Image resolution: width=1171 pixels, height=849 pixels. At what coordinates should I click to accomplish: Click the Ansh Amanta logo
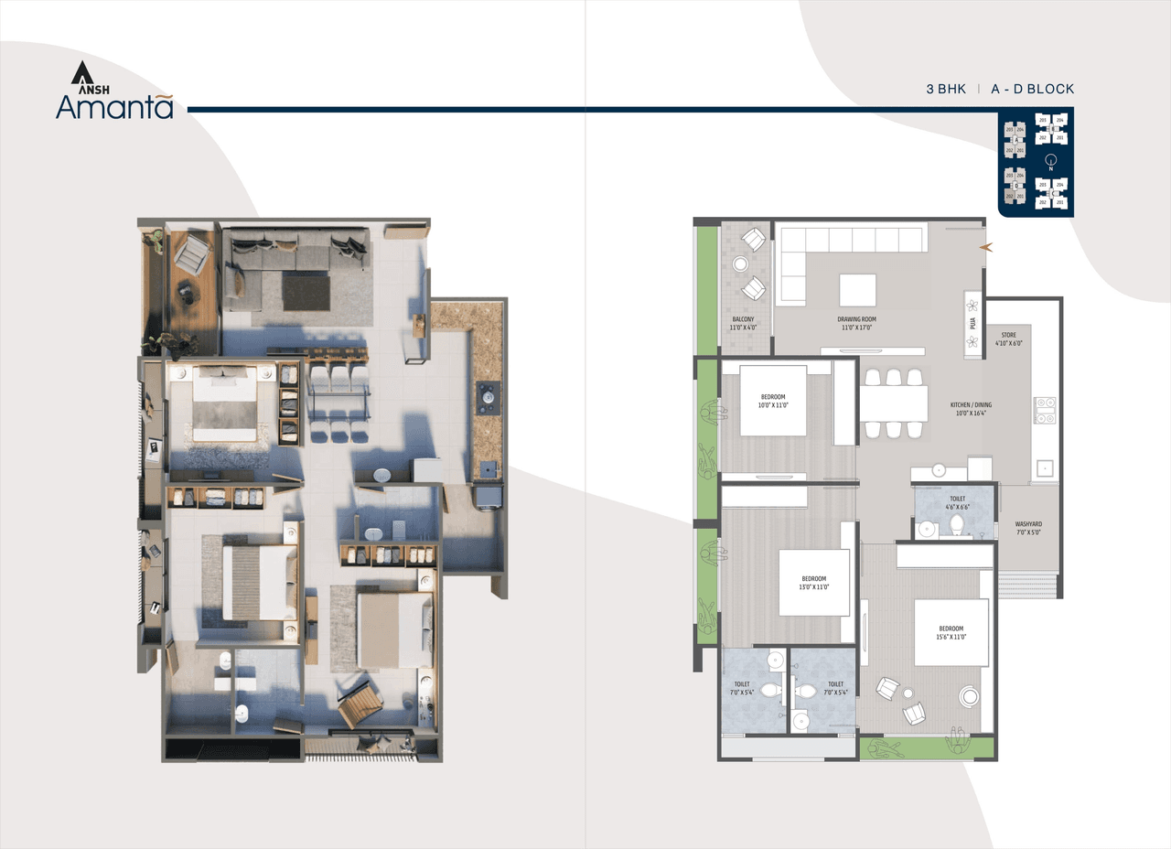[x=113, y=91]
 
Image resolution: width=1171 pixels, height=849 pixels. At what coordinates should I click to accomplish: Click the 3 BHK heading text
[x=946, y=90]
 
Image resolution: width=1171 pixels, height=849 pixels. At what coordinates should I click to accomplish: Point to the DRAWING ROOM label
[x=855, y=322]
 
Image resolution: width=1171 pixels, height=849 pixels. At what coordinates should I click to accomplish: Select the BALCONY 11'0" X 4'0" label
[x=744, y=322]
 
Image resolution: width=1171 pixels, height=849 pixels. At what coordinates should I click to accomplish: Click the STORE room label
[x=1008, y=339]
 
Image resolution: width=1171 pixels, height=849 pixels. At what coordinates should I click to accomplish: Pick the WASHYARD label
[x=1028, y=529]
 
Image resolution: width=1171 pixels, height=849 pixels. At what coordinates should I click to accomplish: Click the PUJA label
[x=972, y=322]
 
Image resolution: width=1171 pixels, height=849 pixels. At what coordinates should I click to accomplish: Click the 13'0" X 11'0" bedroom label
[x=814, y=583]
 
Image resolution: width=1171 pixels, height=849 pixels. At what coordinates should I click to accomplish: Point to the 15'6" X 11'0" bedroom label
[x=951, y=632]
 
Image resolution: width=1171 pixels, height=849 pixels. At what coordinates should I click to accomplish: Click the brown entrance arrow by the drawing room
[x=986, y=247]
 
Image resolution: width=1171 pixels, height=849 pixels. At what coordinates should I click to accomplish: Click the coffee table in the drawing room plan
[x=857, y=290]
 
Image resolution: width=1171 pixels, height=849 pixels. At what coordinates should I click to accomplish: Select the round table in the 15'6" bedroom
[x=969, y=697]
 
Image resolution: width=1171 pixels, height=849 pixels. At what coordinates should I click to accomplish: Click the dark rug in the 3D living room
[x=306, y=293]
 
